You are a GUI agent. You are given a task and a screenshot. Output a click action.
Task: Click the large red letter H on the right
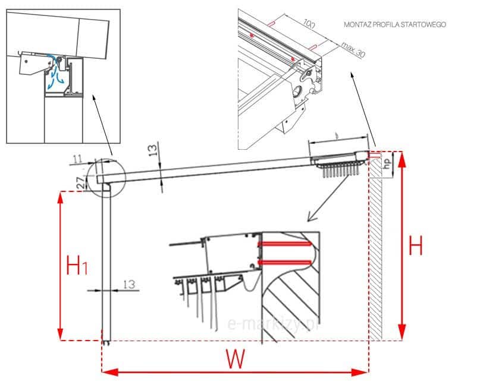[416, 245]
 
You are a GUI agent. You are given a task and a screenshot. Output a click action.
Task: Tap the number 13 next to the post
[128, 285]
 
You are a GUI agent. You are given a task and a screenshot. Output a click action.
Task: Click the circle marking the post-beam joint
[106, 177]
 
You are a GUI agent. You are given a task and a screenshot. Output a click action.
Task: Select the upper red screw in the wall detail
[285, 243]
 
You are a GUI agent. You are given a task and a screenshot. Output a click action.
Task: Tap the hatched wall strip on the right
[376, 250]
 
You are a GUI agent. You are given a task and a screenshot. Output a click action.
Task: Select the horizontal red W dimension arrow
[236, 372]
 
